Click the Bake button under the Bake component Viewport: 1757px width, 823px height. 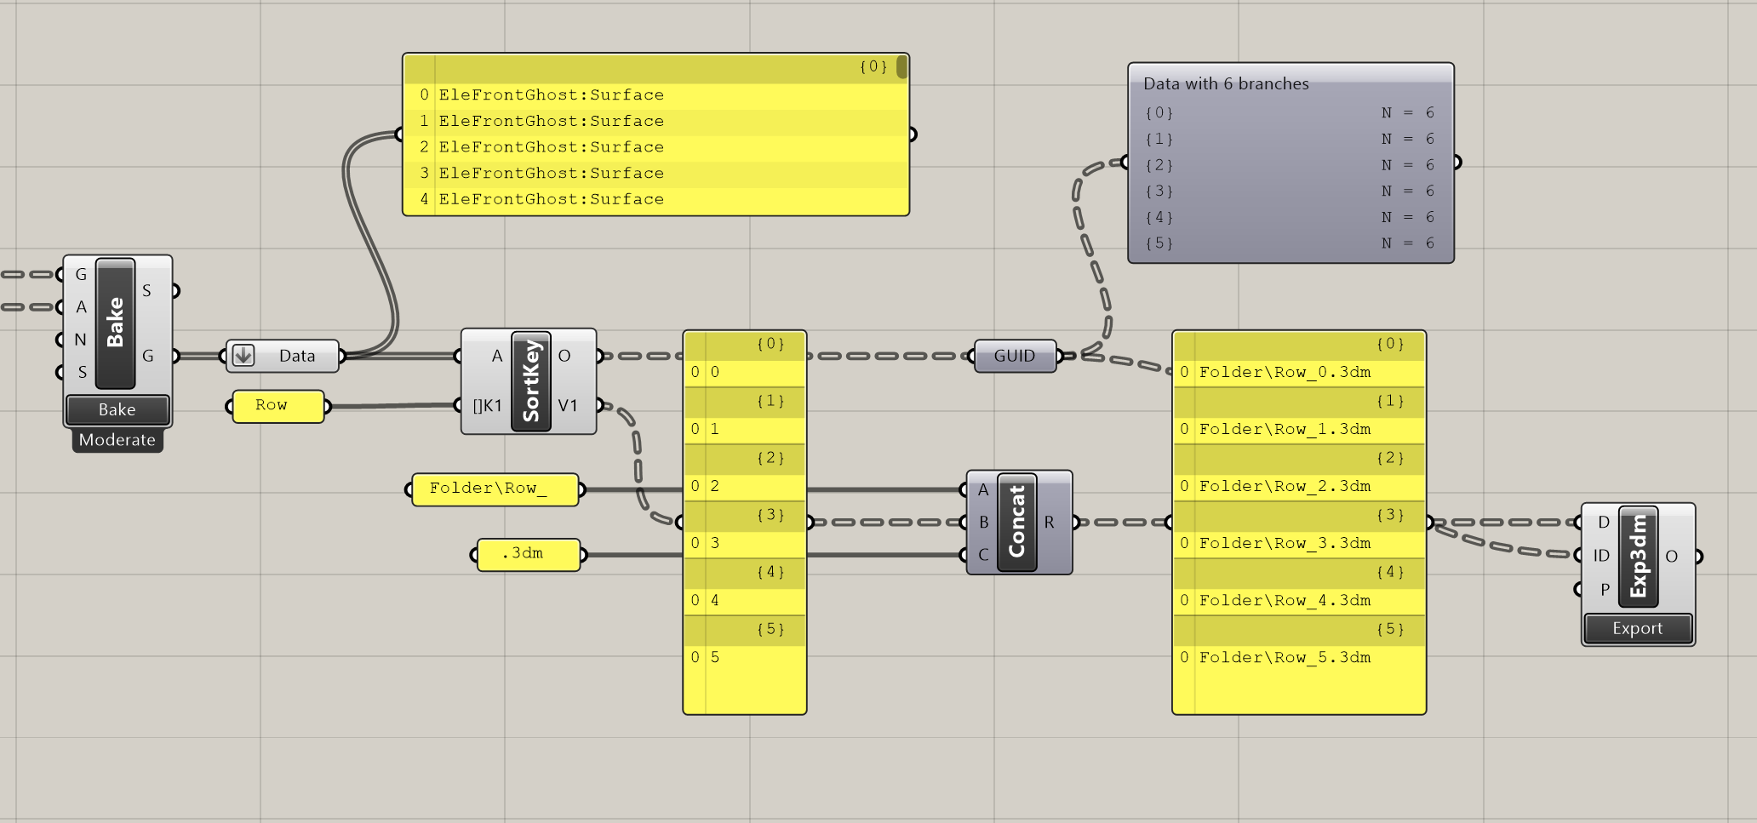tap(117, 409)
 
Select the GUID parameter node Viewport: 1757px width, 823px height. tap(1014, 356)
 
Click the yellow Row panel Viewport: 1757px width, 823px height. tap(277, 406)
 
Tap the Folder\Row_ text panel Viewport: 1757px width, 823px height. tap(494, 489)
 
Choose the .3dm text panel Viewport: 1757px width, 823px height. tap(528, 554)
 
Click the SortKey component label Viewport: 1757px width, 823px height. tap(531, 381)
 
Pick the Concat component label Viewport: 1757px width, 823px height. tap(1016, 522)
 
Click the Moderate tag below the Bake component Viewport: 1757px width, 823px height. tap(117, 440)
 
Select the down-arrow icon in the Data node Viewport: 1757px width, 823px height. tap(243, 356)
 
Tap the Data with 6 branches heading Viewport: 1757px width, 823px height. tap(1226, 83)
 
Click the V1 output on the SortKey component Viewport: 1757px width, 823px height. tap(568, 405)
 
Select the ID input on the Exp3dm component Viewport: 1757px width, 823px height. tap(1601, 556)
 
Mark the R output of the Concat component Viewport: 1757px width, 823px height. tap(1049, 522)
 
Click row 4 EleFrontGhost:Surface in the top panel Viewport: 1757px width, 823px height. tap(551, 199)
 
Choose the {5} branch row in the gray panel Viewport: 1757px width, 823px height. tap(1289, 243)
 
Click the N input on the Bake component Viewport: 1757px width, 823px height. tap(80, 340)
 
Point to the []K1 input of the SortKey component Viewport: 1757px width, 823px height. tap(488, 405)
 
